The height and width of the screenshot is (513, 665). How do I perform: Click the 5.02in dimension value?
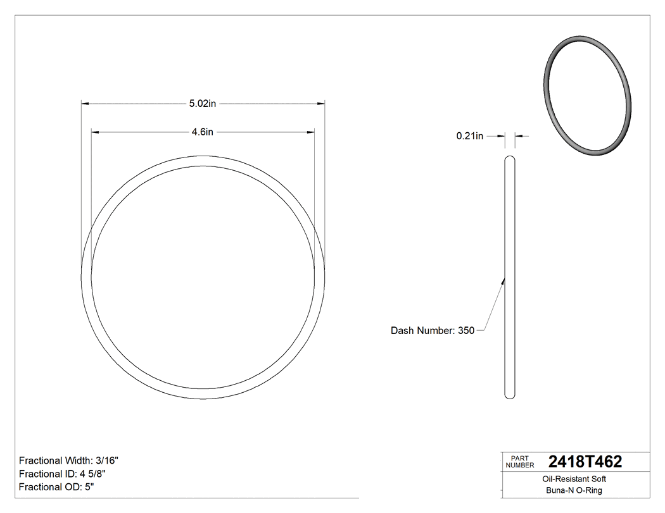pyautogui.click(x=203, y=103)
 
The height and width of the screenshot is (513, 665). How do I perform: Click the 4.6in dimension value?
pyautogui.click(x=203, y=132)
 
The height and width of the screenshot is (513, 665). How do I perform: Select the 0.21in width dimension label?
pyautogui.click(x=470, y=135)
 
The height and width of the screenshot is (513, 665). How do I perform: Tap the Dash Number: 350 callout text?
pyautogui.click(x=432, y=330)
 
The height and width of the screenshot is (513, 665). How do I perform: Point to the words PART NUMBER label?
pyautogui.click(x=519, y=462)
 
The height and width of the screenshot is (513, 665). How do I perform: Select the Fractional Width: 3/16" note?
pyautogui.click(x=69, y=460)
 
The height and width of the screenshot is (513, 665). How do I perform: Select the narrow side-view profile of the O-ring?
pyautogui.click(x=510, y=278)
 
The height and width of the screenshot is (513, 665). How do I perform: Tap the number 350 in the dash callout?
pyautogui.click(x=466, y=330)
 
